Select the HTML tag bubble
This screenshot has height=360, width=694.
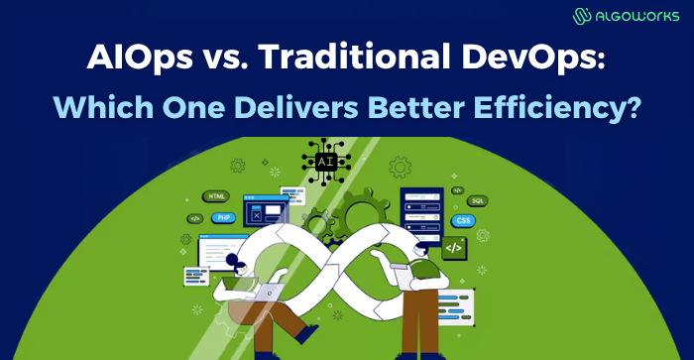coord(216,196)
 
